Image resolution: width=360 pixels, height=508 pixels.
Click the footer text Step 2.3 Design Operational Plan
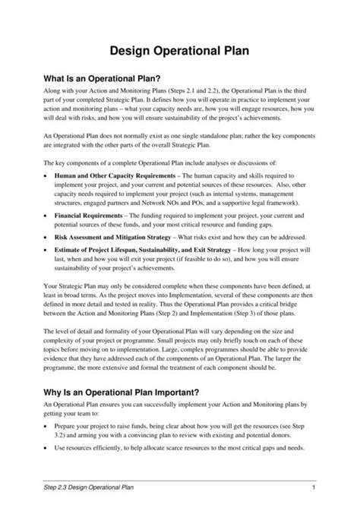pyautogui.click(x=91, y=486)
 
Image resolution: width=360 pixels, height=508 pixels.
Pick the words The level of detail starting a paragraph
pyautogui.click(x=71, y=353)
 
